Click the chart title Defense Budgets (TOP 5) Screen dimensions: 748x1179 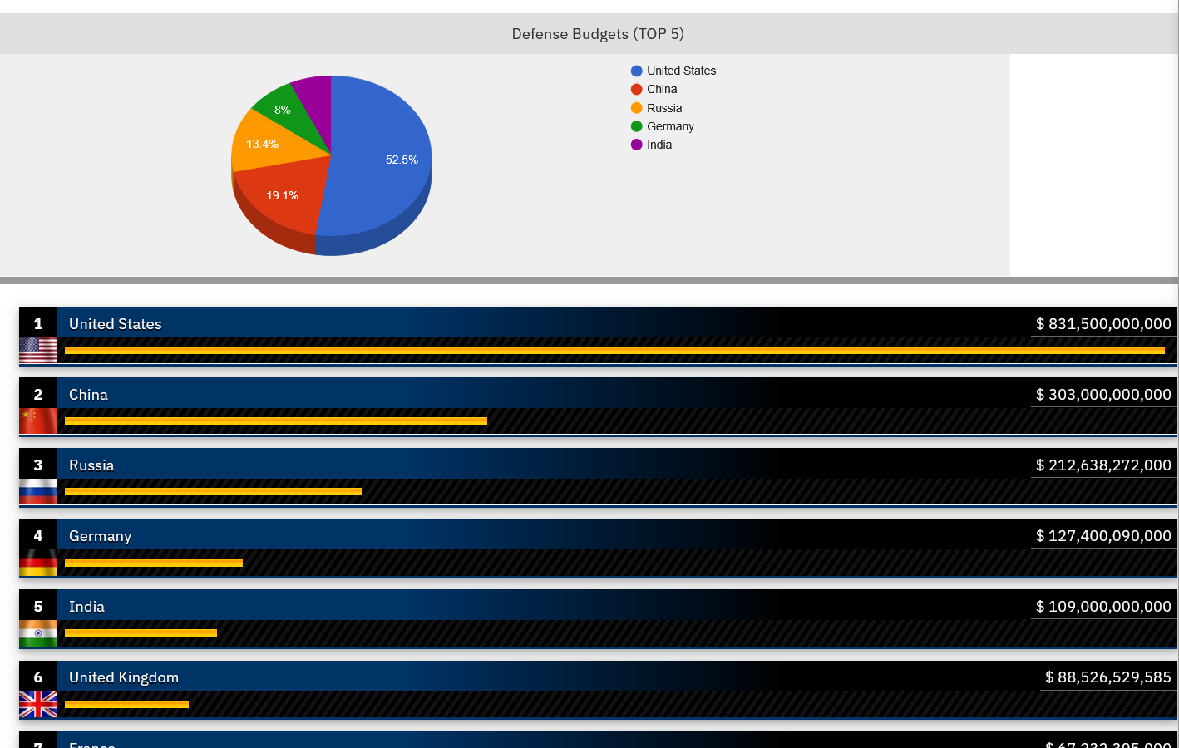[x=598, y=34]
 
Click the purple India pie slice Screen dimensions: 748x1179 [x=314, y=96]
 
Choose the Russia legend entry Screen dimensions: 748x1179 [x=663, y=108]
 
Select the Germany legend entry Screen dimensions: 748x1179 [x=669, y=126]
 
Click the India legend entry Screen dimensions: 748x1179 [x=659, y=145]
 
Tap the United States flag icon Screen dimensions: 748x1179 [x=38, y=351]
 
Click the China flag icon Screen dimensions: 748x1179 [x=38, y=421]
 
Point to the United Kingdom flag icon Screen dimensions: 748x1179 [x=38, y=705]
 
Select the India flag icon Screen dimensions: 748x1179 [x=38, y=633]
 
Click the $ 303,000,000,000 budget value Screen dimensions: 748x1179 [x=1103, y=395]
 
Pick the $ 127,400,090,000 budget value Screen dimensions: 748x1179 [x=1103, y=536]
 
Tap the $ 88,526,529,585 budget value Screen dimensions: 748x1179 [x=1107, y=677]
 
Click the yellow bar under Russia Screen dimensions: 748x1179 [x=213, y=492]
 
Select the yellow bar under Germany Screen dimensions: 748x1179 [x=154, y=563]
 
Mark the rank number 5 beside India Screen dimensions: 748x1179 [x=38, y=607]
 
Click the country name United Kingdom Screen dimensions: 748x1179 [x=124, y=677]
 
